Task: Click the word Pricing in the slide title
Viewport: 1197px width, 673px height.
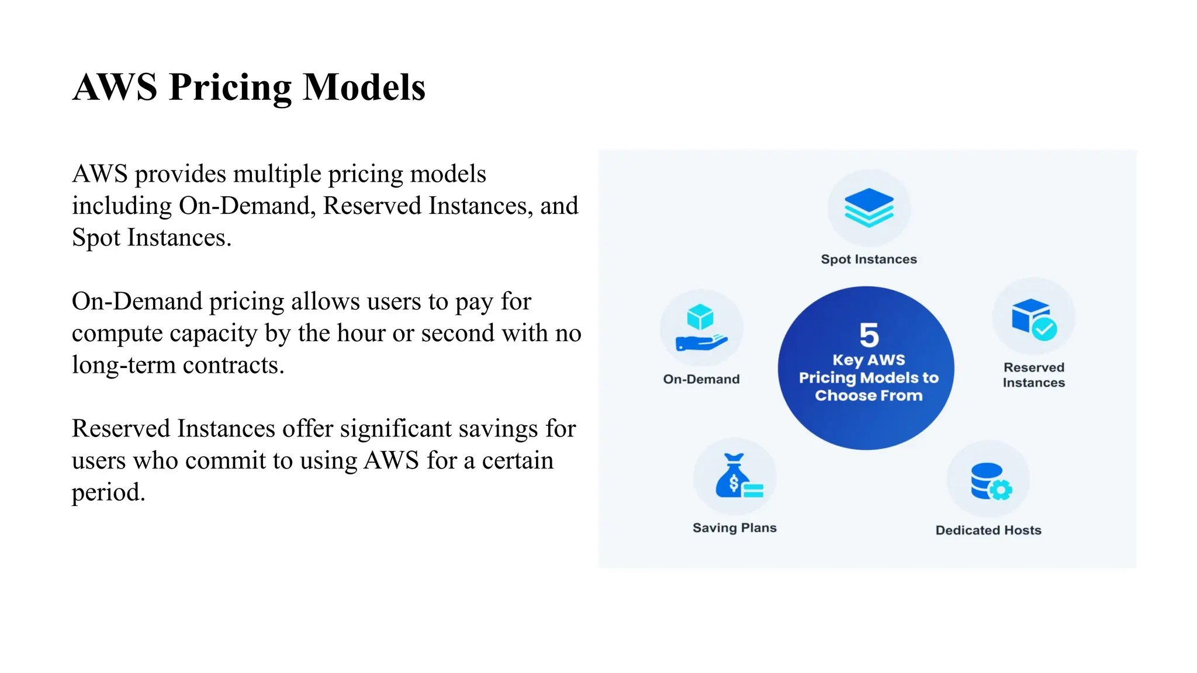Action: [x=230, y=88]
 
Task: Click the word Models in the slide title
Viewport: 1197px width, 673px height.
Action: [x=364, y=88]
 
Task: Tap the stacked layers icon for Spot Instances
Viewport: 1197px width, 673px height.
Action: [x=869, y=207]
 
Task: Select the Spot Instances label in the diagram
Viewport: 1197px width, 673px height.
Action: [x=869, y=259]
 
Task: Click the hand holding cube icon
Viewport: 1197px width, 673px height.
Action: [x=701, y=328]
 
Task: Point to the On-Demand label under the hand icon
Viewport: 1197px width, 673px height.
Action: [x=701, y=379]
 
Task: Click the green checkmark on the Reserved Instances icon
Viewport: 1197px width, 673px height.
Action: [x=1044, y=329]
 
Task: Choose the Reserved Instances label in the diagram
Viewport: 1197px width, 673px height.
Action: [x=1033, y=375]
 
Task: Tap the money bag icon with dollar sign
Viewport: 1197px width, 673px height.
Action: [x=733, y=476]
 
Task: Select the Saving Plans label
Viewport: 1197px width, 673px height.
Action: [x=734, y=528]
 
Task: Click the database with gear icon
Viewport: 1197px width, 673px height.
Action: [x=990, y=481]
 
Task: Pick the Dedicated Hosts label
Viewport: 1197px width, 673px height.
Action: [x=988, y=530]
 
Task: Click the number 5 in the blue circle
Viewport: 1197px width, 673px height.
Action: [x=869, y=335]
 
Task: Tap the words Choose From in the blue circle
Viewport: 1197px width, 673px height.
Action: [x=869, y=396]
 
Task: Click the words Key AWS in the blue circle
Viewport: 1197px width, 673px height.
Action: [x=869, y=360]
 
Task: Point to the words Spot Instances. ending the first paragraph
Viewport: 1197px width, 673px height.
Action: [x=151, y=238]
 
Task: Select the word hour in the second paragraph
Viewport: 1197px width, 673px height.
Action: [x=362, y=333]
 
